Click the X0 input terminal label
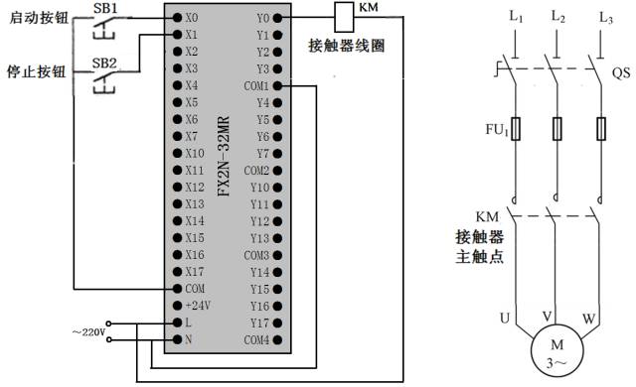pyautogui.click(x=192, y=18)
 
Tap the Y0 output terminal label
pyautogui.click(x=263, y=18)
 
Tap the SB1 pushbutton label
pyautogui.click(x=103, y=7)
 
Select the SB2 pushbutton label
pyautogui.click(x=103, y=64)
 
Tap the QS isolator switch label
pyautogui.click(x=620, y=73)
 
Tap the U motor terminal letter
pyautogui.click(x=504, y=319)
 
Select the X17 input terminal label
pyautogui.click(x=194, y=271)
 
